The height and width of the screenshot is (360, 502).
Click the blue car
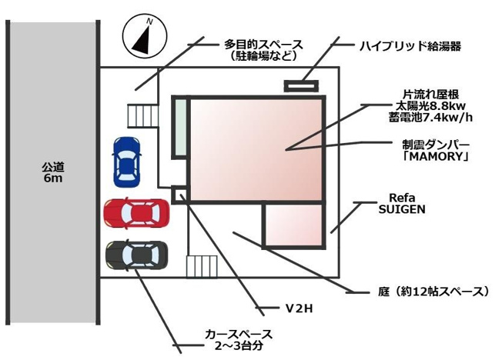(126, 162)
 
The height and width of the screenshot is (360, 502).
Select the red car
(137, 213)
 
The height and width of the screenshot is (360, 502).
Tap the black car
(137, 255)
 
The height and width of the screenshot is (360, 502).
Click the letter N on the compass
(149, 22)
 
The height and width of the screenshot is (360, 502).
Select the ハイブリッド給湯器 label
(410, 46)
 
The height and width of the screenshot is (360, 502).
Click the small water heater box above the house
(302, 85)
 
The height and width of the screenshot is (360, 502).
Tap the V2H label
(299, 308)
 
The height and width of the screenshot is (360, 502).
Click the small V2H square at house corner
(179, 195)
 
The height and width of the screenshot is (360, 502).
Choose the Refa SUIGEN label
(402, 203)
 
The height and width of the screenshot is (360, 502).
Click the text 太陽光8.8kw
(430, 105)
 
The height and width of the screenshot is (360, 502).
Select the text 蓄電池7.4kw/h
(430, 118)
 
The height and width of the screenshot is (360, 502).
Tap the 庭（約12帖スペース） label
(433, 292)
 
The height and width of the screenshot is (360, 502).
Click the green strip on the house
(181, 127)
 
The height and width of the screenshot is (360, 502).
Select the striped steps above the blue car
(142, 115)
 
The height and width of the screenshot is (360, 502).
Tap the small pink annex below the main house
(294, 225)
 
